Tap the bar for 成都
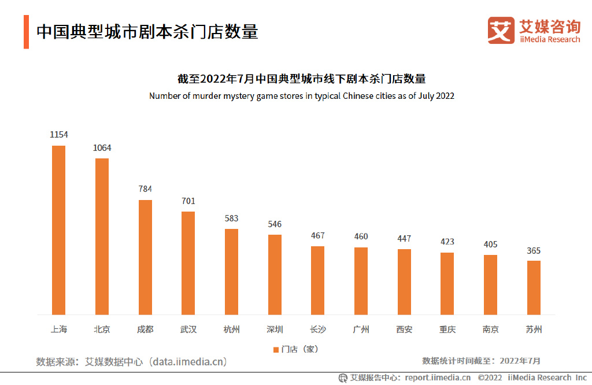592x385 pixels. [x=145, y=257]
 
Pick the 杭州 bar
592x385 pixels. [x=231, y=271]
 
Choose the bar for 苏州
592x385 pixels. [x=534, y=287]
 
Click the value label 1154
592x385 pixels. [x=58, y=135]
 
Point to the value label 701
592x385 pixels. [x=188, y=201]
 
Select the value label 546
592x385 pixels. [x=275, y=224]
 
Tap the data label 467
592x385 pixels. [x=317, y=236]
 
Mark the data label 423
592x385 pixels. [x=447, y=242]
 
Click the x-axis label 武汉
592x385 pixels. [x=188, y=330]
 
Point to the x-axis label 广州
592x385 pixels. [x=361, y=330]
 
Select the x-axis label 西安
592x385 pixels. [x=404, y=330]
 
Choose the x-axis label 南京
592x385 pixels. [x=490, y=330]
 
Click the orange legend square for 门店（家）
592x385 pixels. [x=276, y=349]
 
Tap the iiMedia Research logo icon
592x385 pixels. [x=501, y=30]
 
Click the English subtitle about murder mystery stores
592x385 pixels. [x=301, y=96]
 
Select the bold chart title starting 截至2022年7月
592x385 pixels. [x=301, y=79]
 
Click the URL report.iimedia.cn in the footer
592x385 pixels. [x=438, y=377]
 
